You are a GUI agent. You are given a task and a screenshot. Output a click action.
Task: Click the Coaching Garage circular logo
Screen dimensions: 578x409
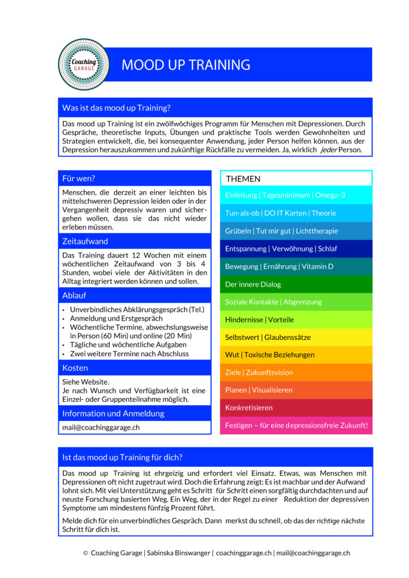pos(83,64)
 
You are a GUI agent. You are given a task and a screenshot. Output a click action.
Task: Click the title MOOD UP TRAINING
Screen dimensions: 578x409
pos(186,65)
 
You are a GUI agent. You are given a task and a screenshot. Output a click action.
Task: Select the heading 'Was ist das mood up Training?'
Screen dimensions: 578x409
pos(117,107)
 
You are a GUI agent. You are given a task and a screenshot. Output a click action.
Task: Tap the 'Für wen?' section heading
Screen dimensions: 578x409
pos(79,178)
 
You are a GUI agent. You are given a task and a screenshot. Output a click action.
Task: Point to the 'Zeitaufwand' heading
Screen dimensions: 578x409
pos(85,241)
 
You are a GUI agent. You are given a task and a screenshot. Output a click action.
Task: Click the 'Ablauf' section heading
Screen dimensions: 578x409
pos(74,295)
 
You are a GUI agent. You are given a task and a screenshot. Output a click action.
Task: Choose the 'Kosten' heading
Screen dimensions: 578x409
pos(75,367)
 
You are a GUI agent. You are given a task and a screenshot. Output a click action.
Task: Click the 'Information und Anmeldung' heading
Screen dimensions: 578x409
pos(113,413)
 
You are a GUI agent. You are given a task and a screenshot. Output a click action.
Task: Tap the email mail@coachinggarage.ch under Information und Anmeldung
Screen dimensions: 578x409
pos(101,427)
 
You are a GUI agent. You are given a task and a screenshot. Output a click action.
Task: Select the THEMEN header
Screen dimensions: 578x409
pos(243,179)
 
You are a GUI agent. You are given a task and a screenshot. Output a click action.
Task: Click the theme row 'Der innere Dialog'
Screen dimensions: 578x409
pos(253,284)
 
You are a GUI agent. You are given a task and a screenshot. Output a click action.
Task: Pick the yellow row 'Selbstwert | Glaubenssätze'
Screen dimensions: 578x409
pos(267,337)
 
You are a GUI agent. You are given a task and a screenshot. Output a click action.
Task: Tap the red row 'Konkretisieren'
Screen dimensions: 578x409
pos(249,408)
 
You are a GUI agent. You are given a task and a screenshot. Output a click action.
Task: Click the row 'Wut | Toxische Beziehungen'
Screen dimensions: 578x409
pos(270,354)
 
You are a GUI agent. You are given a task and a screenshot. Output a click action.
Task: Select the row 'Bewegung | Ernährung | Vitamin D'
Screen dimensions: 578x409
pos(279,266)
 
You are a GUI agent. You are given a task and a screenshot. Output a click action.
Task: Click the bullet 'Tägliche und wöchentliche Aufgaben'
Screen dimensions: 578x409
pos(128,344)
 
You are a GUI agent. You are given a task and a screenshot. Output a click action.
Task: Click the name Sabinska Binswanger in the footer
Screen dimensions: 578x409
pos(178,553)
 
